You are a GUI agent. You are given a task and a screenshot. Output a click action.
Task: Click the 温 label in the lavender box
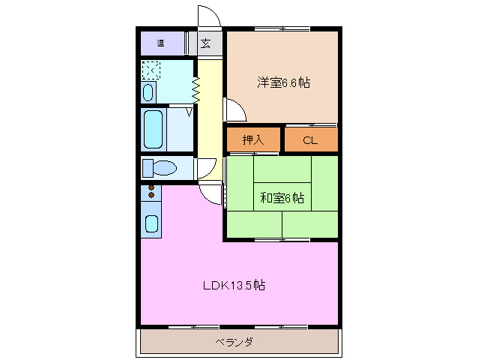coord(160,43)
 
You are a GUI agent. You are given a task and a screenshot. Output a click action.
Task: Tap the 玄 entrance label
coord(205,43)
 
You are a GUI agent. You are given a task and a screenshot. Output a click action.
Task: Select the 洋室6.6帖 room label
coord(283,82)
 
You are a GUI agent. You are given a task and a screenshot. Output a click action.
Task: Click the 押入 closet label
coord(253,139)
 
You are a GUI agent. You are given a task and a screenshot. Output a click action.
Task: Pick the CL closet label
coord(310,139)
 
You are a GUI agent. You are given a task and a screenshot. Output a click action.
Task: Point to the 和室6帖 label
coord(282,199)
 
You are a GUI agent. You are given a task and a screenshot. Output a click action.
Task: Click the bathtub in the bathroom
coord(154,130)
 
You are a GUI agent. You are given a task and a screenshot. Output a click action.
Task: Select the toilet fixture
coord(160,167)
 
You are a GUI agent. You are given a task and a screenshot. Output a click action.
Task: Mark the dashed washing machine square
coord(151,70)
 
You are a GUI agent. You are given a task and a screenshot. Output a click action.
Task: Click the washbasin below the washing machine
coord(148,93)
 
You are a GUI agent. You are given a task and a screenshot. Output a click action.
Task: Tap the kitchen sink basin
coord(151,223)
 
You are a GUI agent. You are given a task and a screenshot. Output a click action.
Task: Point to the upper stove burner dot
coord(151,187)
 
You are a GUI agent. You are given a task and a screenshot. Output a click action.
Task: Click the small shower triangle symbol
coord(188,112)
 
